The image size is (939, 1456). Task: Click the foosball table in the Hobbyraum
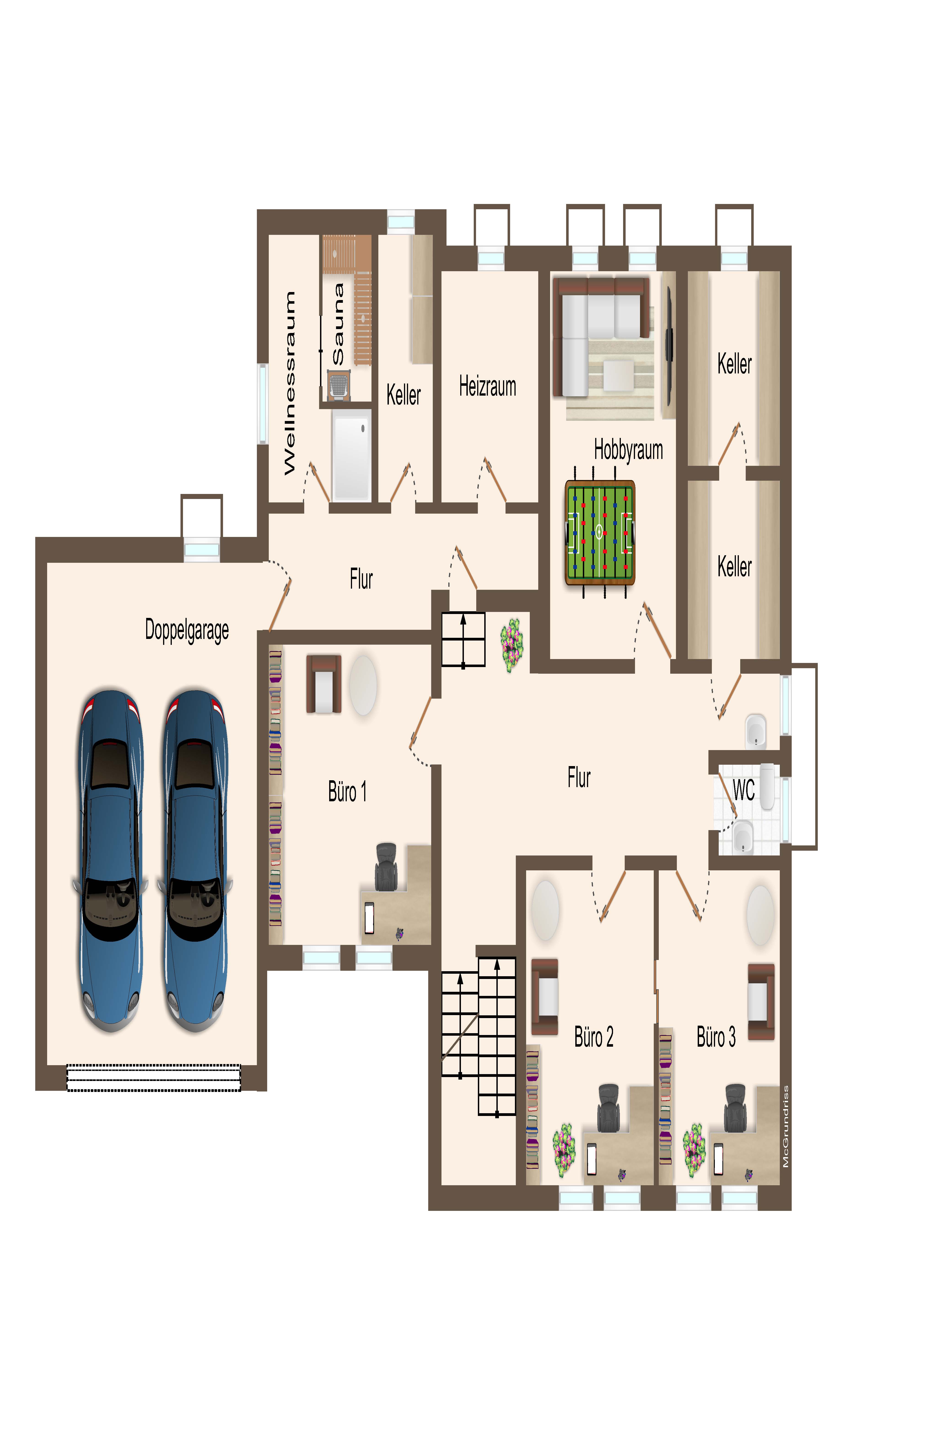point(600,533)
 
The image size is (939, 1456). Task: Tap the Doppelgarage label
point(187,630)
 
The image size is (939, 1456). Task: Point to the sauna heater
point(338,386)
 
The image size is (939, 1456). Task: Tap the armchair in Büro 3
point(761,1001)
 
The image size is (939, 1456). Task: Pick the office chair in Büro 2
point(608,1108)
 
